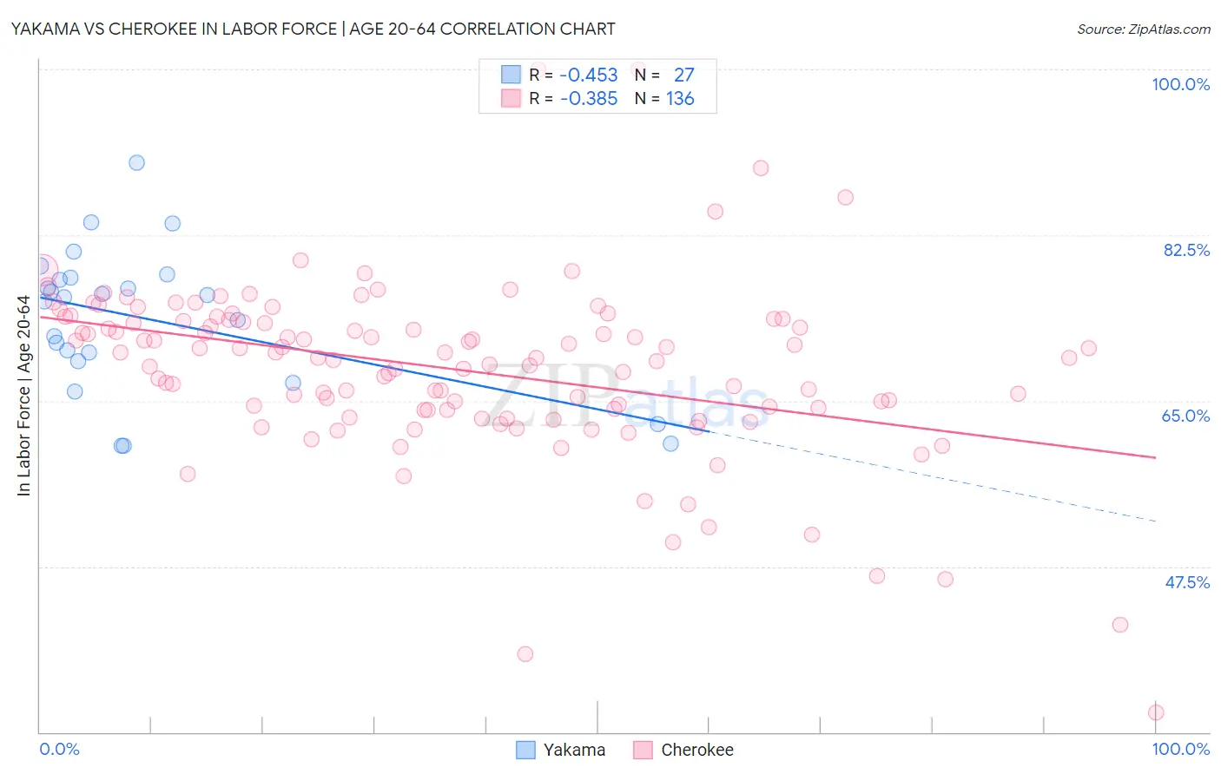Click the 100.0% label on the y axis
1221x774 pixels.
pyautogui.click(x=1180, y=84)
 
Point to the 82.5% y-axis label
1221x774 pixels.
pyautogui.click(x=1186, y=250)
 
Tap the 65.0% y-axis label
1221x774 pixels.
pyautogui.click(x=1185, y=416)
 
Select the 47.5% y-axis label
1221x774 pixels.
pyautogui.click(x=1186, y=582)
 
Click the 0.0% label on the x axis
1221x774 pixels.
pyautogui.click(x=59, y=749)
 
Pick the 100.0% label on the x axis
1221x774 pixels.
pyautogui.click(x=1180, y=749)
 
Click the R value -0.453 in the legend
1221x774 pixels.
pyautogui.click(x=588, y=75)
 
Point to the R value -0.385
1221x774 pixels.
pyautogui.click(x=588, y=99)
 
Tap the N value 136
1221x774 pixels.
pyautogui.click(x=680, y=99)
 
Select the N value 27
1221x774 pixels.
pyautogui.click(x=683, y=75)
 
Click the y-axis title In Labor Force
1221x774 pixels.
pyautogui.click(x=23, y=396)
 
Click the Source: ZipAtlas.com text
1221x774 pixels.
pyautogui.click(x=1143, y=29)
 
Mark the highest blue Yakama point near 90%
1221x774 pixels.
pyautogui.click(x=136, y=162)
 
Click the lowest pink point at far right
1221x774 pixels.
pyautogui.click(x=1156, y=712)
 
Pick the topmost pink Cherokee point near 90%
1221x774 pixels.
pyautogui.click(x=761, y=168)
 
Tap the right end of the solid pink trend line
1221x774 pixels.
pyautogui.click(x=1156, y=457)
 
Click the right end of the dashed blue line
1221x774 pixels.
pyautogui.click(x=1156, y=521)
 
